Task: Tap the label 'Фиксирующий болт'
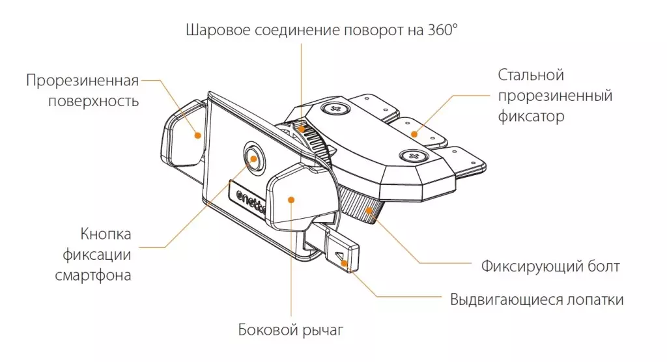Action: pos(550,266)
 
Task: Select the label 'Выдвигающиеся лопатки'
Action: pos(537,299)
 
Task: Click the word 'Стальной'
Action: pos(531,75)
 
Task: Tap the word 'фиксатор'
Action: pos(530,117)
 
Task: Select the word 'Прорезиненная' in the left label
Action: pos(83,81)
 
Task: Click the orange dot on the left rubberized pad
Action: pos(197,135)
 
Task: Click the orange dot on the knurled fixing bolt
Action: pos(369,210)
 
